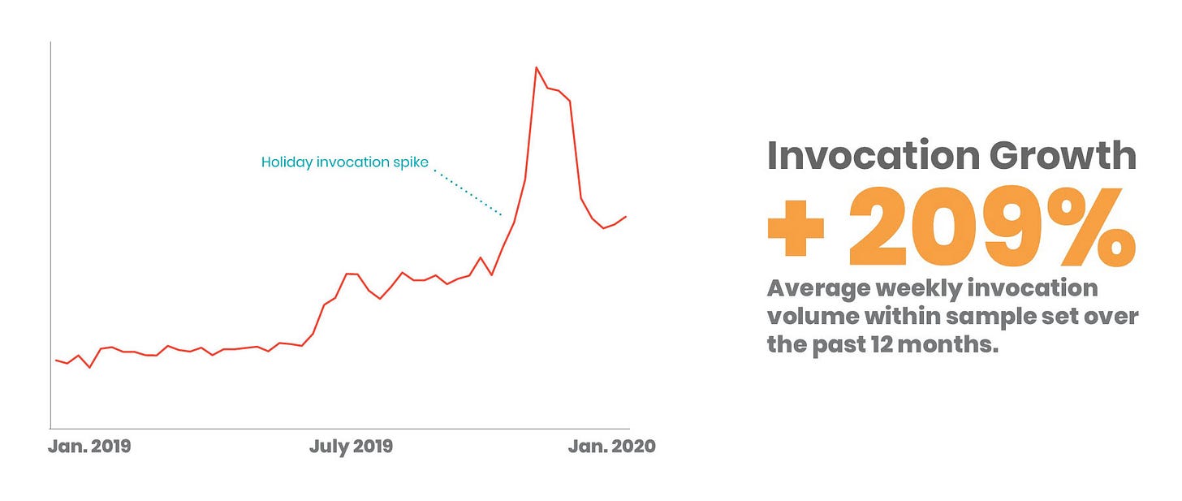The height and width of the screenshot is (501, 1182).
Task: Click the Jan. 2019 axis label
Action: (89, 446)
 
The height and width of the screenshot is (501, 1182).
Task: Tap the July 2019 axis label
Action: (351, 447)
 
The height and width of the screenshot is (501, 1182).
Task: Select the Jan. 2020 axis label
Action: (611, 446)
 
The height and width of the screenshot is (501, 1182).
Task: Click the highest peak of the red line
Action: (536, 67)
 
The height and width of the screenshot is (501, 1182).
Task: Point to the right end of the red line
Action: (626, 217)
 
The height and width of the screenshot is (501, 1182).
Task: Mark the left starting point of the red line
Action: (56, 360)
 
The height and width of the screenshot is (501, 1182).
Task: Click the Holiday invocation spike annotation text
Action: (344, 162)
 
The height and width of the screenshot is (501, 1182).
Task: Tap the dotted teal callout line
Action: (468, 192)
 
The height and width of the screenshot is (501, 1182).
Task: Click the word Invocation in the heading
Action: (874, 155)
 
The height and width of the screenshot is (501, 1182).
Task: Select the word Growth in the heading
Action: (1062, 155)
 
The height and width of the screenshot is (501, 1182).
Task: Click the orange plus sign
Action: (796, 228)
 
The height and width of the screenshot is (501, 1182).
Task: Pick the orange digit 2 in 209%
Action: (878, 227)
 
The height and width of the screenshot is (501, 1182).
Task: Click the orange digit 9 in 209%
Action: (1009, 227)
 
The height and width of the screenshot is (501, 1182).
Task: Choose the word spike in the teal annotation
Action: (411, 162)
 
